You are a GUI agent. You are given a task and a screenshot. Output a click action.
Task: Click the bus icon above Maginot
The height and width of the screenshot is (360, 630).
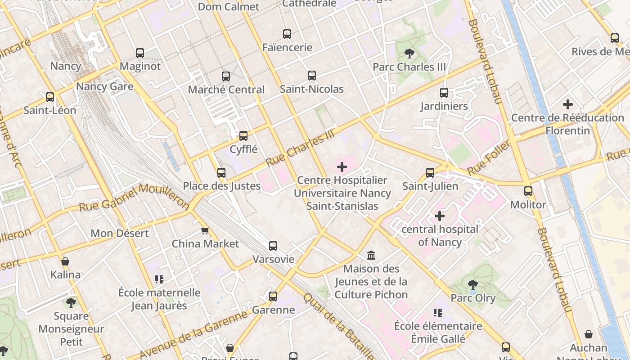140,53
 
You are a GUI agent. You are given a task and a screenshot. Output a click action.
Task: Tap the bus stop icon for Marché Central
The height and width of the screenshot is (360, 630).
226,76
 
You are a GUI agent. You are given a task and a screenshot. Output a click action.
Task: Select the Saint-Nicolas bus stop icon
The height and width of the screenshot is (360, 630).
312,76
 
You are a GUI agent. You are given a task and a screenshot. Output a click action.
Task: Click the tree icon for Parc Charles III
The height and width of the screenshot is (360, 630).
409,54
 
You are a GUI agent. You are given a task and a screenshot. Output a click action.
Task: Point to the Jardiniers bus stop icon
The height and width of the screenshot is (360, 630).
444,93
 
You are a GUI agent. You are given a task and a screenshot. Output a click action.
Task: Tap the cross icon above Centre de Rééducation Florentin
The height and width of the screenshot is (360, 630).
568,104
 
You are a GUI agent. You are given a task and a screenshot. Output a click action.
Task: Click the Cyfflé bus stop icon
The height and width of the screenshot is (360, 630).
243,135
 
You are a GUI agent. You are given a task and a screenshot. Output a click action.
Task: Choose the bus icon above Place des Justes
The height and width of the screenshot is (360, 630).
221,173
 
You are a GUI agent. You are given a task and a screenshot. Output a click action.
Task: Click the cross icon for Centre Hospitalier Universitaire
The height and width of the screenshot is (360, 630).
342,167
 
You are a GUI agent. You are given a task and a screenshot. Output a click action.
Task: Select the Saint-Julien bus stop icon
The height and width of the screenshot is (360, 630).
430,173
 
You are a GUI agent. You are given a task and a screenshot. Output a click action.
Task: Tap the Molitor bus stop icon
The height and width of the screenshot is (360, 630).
528,191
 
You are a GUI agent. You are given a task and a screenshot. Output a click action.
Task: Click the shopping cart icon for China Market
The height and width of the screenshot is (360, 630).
205,230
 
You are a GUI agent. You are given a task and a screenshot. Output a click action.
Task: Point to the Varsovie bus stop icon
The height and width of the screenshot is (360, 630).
273,246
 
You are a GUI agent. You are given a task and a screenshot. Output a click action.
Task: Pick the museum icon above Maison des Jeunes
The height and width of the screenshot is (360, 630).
371,256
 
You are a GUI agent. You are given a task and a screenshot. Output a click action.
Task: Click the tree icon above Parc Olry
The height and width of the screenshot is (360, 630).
473,284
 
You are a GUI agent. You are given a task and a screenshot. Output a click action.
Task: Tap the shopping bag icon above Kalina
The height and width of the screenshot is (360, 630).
65,261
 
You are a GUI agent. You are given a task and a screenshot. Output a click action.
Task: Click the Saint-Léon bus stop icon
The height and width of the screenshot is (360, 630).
50,97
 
